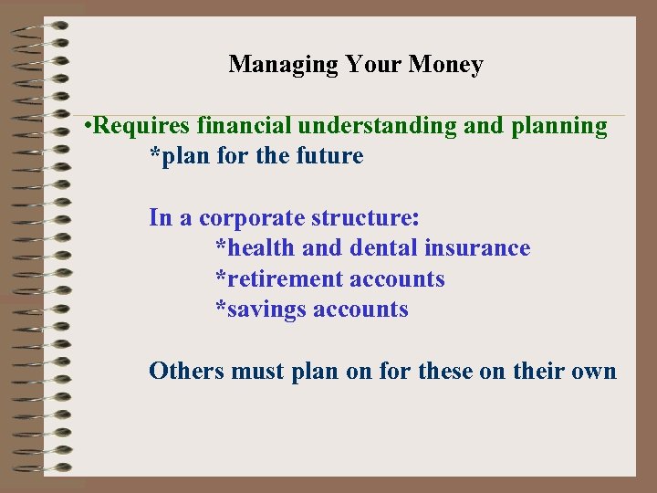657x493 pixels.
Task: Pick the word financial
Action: [236, 126]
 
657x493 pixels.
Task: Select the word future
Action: [329, 156]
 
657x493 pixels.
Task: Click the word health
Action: [259, 248]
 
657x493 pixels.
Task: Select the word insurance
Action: [477, 248]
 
